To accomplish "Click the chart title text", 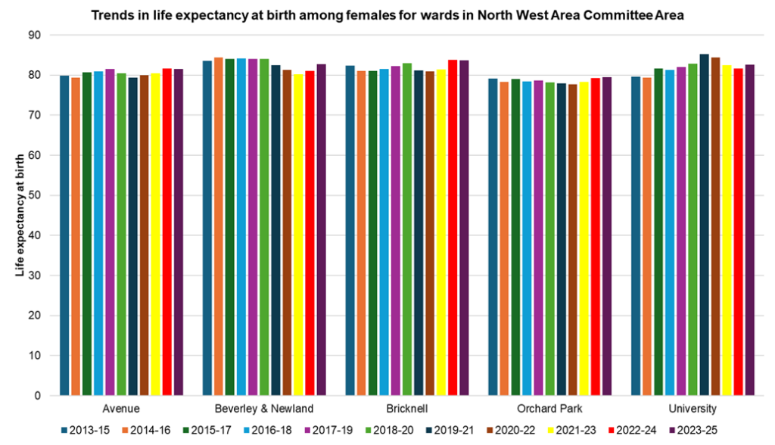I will (x=387, y=15).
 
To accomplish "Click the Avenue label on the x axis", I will (x=122, y=409).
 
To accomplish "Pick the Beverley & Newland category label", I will (x=264, y=409).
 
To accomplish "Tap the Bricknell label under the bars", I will (x=406, y=409).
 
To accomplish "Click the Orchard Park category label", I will (x=549, y=409).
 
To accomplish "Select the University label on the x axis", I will (x=692, y=409).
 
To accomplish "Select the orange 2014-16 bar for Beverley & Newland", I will (x=219, y=227).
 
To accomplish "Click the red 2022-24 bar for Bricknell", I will (x=453, y=228).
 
